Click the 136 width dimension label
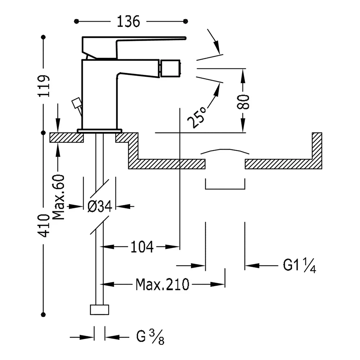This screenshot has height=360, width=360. tap(129, 22)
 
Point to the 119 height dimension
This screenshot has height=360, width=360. tap(44, 86)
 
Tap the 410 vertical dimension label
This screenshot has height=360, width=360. tap(44, 225)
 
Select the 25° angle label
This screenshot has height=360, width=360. tap(197, 118)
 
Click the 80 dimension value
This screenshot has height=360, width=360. tap(243, 102)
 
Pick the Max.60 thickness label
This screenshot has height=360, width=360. tap(58, 197)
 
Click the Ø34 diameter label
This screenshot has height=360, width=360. tap(100, 206)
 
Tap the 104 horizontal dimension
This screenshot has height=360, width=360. tap(142, 247)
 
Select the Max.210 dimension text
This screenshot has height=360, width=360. tap(163, 284)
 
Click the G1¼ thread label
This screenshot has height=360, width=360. tap(300, 265)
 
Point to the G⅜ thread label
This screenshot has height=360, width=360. tap(150, 337)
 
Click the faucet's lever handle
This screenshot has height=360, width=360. tap(134, 47)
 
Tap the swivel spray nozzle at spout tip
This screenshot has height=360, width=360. tap(170, 68)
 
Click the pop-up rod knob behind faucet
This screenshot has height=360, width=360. tap(76, 103)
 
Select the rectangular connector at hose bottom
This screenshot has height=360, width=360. tap(100, 310)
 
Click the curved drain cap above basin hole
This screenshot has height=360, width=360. tap(225, 151)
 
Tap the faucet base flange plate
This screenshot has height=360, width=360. tap(100, 131)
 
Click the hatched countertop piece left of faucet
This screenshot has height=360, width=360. tap(67, 138)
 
